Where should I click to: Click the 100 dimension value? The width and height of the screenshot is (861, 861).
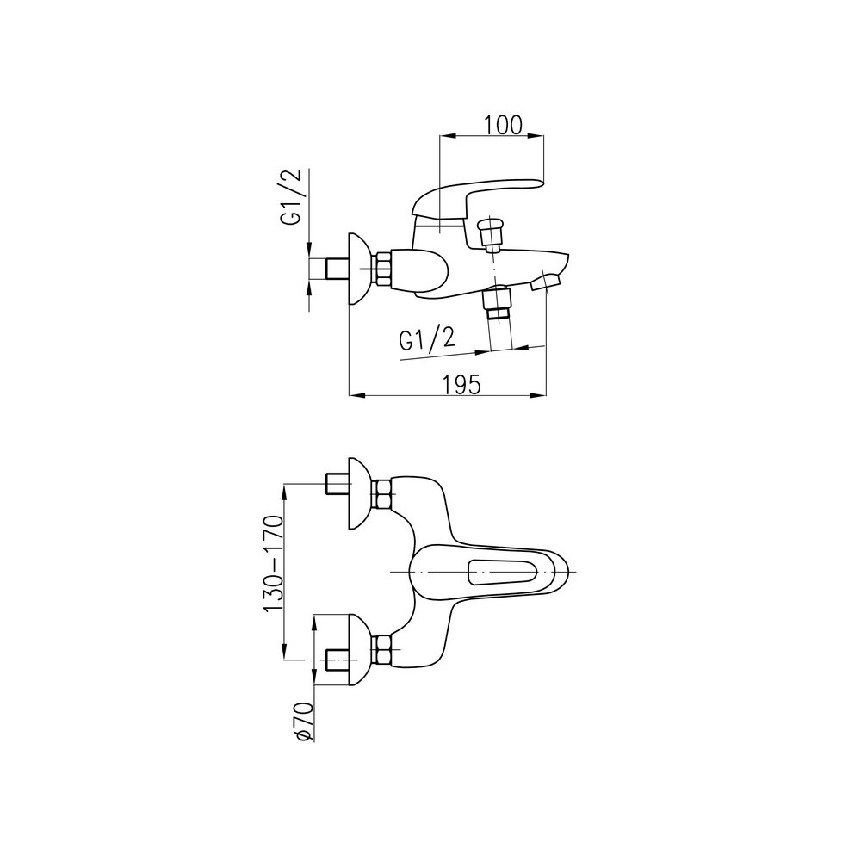(503, 125)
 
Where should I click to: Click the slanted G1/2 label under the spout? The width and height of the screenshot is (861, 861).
(427, 340)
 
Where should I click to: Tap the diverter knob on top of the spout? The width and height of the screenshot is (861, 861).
(491, 233)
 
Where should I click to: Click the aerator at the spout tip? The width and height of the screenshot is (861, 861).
(546, 283)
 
